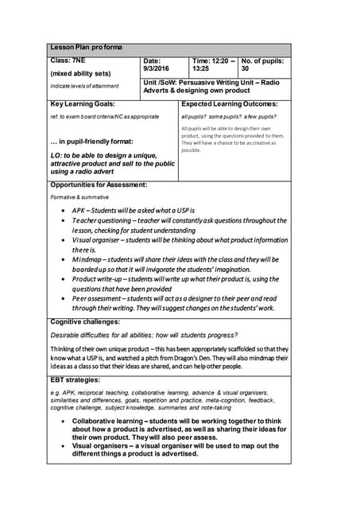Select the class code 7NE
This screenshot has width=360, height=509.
coord(77,60)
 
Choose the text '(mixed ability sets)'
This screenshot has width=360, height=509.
coord(80,73)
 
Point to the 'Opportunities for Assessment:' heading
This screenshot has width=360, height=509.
coord(99,185)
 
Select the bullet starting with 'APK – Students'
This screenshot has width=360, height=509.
coord(134,209)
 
